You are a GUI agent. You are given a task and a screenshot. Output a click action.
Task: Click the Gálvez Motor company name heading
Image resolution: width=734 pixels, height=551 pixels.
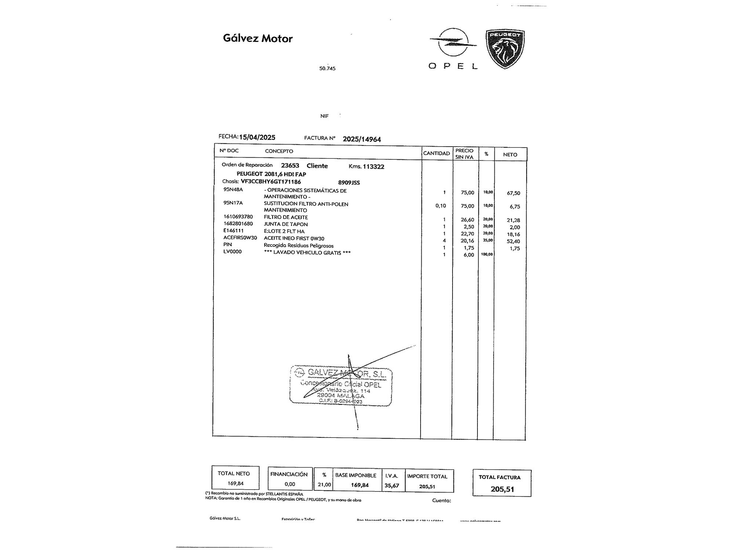click(258, 39)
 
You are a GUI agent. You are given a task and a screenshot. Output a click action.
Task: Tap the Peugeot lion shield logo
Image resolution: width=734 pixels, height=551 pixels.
click(505, 49)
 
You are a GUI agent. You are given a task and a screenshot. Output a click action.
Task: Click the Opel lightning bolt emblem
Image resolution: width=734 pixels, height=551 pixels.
click(454, 43)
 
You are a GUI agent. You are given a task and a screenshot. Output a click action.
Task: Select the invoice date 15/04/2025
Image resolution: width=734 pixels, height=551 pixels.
click(257, 137)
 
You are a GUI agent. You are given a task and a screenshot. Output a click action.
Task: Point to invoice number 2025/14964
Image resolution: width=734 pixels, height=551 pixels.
click(361, 139)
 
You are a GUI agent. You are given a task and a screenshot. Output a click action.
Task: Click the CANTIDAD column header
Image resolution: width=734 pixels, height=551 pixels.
click(436, 154)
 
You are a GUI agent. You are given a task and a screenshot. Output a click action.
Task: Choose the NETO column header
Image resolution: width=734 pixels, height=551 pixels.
click(510, 155)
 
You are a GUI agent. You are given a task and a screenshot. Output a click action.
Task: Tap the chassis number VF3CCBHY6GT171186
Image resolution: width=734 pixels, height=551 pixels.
click(270, 182)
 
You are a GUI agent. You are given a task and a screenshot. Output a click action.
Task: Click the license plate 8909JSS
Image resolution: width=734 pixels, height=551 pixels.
click(349, 183)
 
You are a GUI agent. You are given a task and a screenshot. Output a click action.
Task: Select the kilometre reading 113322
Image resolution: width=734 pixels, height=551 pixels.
click(373, 166)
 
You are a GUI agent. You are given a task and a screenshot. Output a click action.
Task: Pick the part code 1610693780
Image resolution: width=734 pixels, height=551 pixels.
click(238, 217)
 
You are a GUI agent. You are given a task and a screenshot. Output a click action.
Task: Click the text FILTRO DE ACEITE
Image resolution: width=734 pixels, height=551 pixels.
click(286, 217)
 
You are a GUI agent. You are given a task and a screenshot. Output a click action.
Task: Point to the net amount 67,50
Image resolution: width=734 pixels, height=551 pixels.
click(513, 193)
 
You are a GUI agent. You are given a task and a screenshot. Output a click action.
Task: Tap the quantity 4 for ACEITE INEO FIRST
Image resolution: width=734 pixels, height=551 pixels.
click(444, 241)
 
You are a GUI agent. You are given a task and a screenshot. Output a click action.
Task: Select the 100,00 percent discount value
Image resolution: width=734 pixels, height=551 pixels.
click(487, 254)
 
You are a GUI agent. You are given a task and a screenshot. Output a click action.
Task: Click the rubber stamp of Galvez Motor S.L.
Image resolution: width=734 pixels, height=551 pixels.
click(341, 386)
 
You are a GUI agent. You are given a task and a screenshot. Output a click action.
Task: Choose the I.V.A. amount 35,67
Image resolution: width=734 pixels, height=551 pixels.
click(392, 485)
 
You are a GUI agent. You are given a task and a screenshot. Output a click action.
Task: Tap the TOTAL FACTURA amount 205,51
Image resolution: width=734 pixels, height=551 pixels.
click(502, 489)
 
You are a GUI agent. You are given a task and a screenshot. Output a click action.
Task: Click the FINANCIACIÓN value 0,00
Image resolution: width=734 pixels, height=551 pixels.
click(290, 484)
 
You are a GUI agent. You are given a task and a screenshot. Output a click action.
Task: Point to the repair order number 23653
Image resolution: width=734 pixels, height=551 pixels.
click(290, 166)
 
